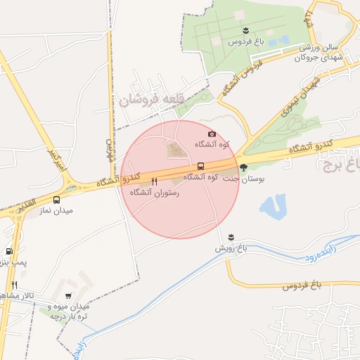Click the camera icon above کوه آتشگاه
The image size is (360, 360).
click(x=212, y=134)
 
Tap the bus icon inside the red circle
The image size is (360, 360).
click(x=201, y=167)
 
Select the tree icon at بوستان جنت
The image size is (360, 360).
click(x=243, y=167)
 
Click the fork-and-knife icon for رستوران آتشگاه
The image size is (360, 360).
click(x=154, y=181)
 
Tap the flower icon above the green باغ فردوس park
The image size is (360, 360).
click(x=245, y=30)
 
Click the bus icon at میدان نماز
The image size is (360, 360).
click(x=57, y=200)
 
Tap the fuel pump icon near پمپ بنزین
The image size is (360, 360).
click(x=9, y=251)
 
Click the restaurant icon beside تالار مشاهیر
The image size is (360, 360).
click(x=14, y=285)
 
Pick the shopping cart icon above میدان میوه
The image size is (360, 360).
click(x=68, y=296)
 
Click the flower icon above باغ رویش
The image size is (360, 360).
click(x=231, y=237)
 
